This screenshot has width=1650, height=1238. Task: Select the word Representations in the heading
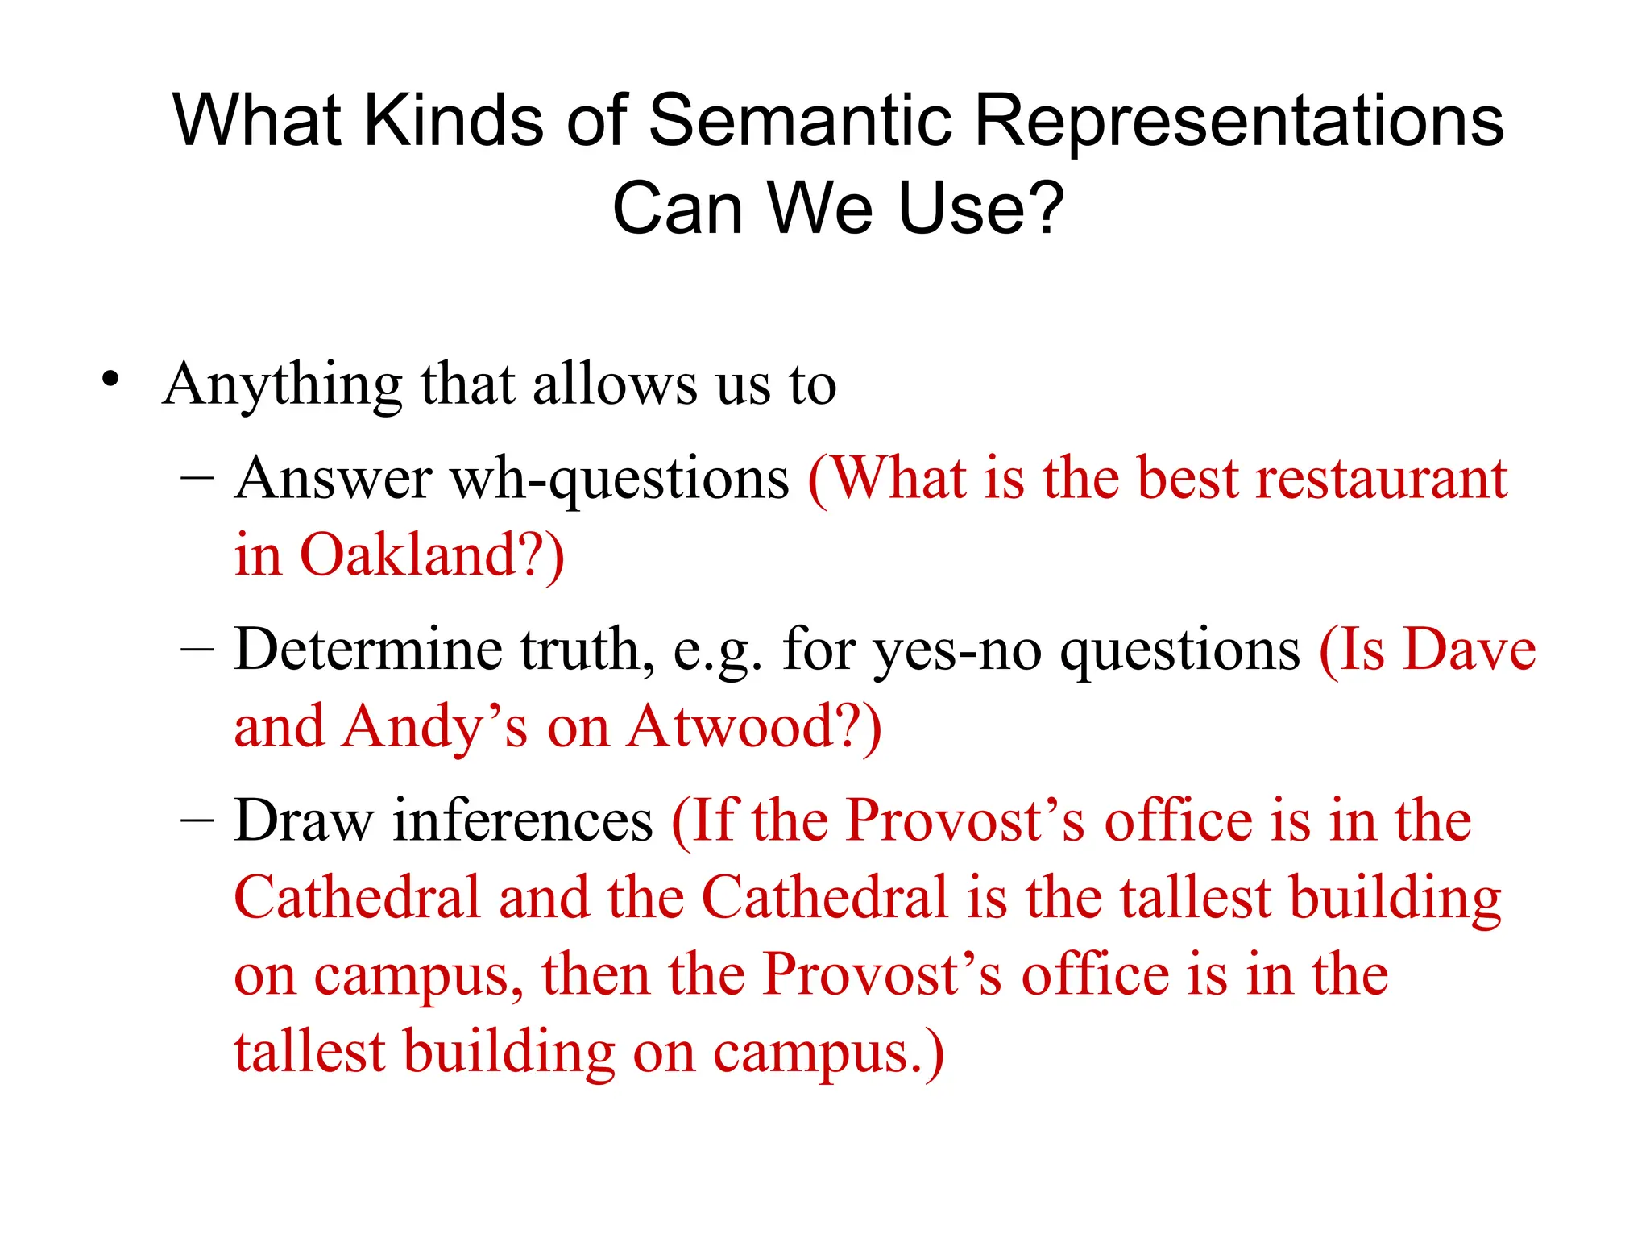point(1239,121)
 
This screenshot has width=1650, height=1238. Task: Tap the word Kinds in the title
point(454,121)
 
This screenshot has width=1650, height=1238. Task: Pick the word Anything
point(283,385)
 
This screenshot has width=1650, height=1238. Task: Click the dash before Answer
point(197,477)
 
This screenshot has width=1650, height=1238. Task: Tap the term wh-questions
point(620,480)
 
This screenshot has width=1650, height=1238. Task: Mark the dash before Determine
point(197,649)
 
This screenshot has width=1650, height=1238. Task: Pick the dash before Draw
point(197,820)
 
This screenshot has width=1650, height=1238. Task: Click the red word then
point(595,975)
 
